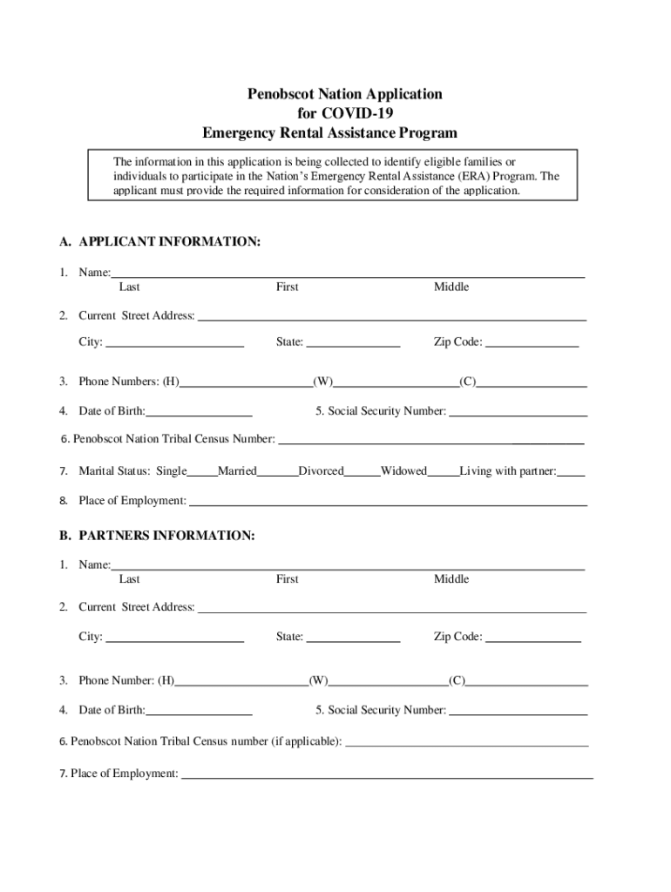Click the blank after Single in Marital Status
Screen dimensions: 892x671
tap(201, 472)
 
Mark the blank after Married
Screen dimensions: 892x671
tap(277, 472)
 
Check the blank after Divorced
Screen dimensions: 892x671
tap(362, 472)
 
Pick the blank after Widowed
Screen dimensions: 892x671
tap(443, 472)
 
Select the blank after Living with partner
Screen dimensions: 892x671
tap(571, 472)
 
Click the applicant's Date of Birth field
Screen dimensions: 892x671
tap(199, 411)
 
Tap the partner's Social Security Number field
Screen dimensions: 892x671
tap(518, 711)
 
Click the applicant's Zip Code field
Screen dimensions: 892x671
tap(532, 342)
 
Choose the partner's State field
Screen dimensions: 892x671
tap(353, 637)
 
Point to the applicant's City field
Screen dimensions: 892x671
tap(173, 342)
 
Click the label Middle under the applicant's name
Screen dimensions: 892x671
tap(451, 287)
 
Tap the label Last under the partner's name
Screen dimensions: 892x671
tap(130, 579)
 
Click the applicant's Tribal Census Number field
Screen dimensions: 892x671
tap(430, 439)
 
